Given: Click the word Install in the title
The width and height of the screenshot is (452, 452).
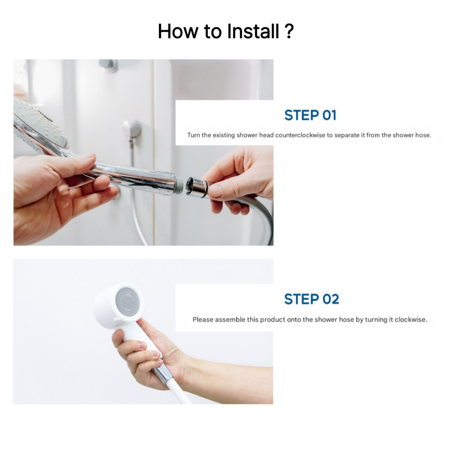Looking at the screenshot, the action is coord(253,31).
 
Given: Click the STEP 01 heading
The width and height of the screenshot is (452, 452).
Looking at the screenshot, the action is coord(310,115).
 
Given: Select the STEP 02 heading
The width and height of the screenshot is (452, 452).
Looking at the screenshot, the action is coord(311,299).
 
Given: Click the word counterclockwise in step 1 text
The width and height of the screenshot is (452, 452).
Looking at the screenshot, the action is coord(300,135).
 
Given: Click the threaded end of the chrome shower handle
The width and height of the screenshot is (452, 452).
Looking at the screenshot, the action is coord(179,184).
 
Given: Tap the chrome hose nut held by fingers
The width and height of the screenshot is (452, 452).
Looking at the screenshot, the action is coord(196,187).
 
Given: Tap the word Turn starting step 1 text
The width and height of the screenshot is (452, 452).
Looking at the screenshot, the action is coord(193,135).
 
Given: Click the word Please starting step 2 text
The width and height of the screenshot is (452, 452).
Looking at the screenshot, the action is coord(203,320).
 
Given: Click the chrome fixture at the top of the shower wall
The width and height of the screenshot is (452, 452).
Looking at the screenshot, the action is coord(108,65).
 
